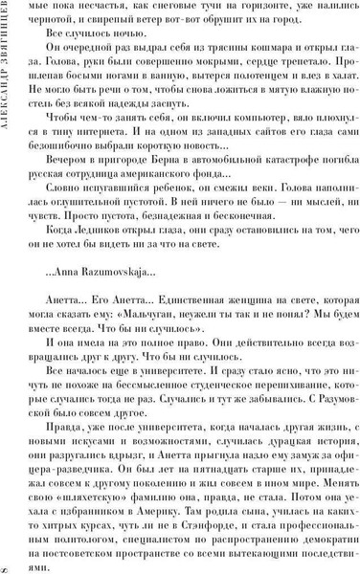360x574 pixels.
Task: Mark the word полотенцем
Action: click(253, 83)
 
